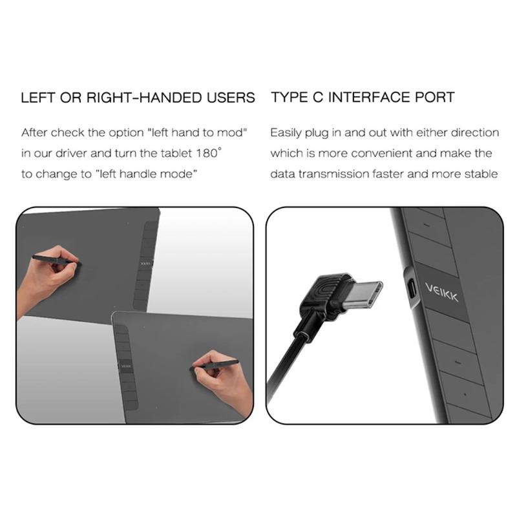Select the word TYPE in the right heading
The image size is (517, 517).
tap(289, 98)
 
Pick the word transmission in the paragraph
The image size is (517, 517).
tap(333, 174)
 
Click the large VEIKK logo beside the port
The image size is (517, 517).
tap(441, 292)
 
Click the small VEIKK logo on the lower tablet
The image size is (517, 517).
tap(125, 366)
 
